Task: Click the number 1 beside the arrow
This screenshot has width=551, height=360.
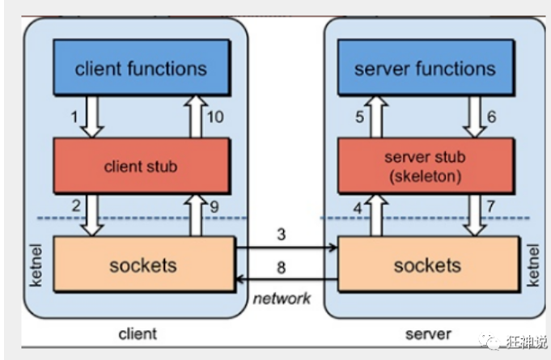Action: pos(74,116)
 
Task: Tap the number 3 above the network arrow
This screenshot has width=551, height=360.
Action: pos(282,235)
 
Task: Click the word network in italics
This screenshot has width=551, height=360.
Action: pos(282,299)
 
